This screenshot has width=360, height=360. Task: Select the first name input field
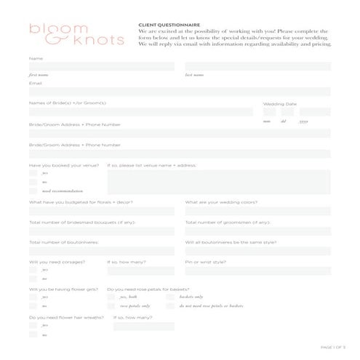click(x=101, y=67)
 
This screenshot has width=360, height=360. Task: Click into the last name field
click(x=257, y=67)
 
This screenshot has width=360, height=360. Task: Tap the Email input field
click(x=179, y=92)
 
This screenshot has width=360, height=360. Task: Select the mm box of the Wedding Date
click(x=268, y=113)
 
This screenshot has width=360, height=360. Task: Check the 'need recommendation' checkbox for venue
click(x=33, y=191)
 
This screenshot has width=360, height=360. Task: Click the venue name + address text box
click(x=218, y=183)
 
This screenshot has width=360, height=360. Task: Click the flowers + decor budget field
click(x=101, y=211)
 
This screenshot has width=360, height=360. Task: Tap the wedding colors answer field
click(x=257, y=211)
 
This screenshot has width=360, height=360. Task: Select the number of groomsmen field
click(x=257, y=231)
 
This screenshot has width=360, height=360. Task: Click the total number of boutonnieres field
click(x=101, y=251)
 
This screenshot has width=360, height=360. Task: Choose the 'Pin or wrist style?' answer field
click(x=257, y=270)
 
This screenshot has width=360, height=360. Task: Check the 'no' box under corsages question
click(x=33, y=279)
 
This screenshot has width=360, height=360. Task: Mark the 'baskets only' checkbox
click(x=171, y=297)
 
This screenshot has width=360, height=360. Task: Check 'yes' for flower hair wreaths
click(x=33, y=326)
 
